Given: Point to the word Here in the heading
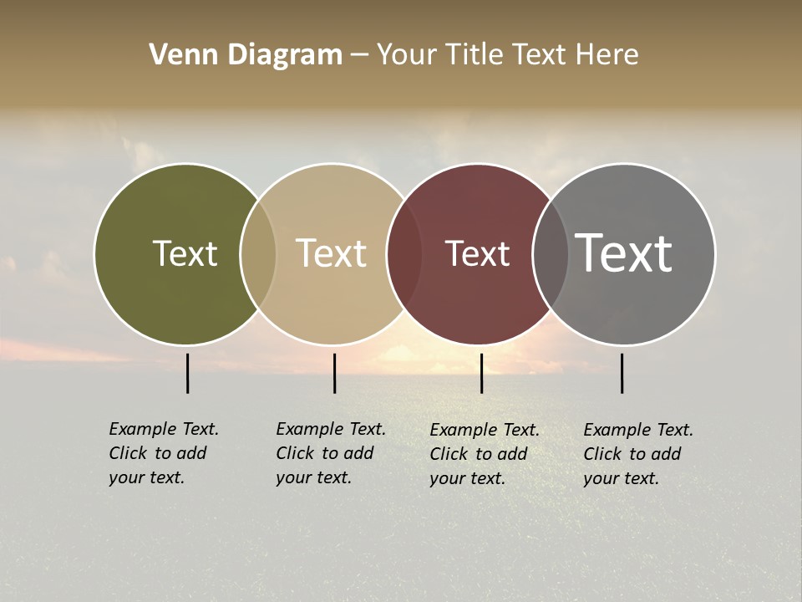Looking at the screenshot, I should pyautogui.click(x=607, y=55).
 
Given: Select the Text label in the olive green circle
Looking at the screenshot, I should pyautogui.click(x=185, y=253).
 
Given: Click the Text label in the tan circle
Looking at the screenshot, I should pyautogui.click(x=331, y=253).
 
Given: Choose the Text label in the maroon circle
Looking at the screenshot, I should pyautogui.click(x=477, y=253).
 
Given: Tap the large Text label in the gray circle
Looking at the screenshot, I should pyautogui.click(x=624, y=253).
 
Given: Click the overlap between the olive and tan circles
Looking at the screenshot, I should pyautogui.click(x=258, y=253).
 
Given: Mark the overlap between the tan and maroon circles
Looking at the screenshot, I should pyautogui.click(x=404, y=253).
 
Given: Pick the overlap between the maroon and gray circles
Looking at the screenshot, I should pyautogui.click(x=550, y=253).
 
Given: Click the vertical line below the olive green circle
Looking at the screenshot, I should pyautogui.click(x=188, y=373).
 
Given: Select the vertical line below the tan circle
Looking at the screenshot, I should pyautogui.click(x=334, y=373).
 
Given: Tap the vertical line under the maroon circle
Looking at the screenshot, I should pyautogui.click(x=481, y=373).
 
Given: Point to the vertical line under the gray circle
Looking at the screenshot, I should pyautogui.click(x=622, y=373).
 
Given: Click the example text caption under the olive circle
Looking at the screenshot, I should pyautogui.click(x=163, y=453).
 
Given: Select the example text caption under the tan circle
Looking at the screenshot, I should pyautogui.click(x=330, y=453).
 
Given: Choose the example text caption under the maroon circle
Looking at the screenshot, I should pyautogui.click(x=484, y=454).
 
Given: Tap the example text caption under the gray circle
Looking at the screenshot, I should pyautogui.click(x=637, y=454).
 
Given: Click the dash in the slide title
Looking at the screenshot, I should pyautogui.click(x=359, y=55).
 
